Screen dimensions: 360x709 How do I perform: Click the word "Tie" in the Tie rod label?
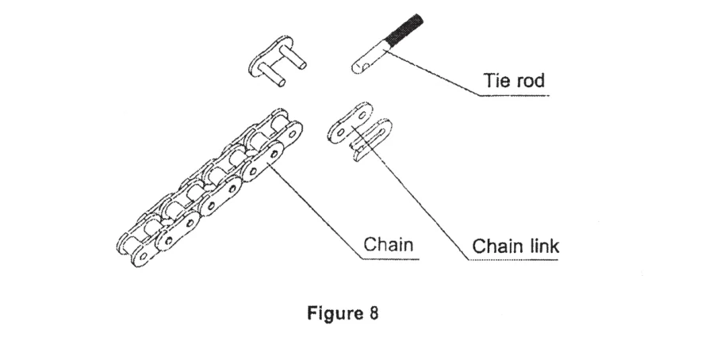point(495,82)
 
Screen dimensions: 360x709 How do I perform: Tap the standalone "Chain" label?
point(389,244)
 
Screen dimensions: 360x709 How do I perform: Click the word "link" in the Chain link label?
point(543,247)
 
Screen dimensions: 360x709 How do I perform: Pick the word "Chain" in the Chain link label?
point(497,247)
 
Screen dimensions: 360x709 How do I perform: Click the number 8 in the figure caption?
point(374,312)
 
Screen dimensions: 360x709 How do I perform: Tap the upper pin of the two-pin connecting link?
point(297,56)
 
